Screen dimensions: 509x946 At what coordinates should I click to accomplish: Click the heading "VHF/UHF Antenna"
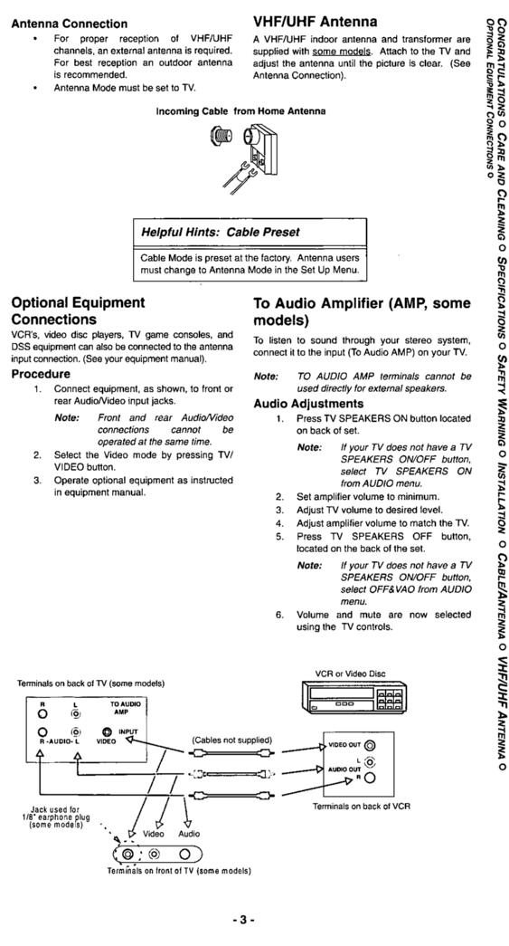[316, 21]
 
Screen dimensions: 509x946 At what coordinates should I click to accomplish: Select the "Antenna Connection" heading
[69, 24]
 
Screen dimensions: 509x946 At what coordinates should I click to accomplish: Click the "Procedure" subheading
[41, 374]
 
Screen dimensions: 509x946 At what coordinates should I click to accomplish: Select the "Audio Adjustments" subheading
[308, 404]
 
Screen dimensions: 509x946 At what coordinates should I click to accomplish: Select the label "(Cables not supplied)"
[231, 740]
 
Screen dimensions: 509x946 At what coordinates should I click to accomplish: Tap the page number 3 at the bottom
[245, 920]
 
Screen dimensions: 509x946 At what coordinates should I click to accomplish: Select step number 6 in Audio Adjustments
[279, 614]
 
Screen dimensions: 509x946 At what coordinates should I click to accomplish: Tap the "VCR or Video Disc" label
[352, 673]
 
